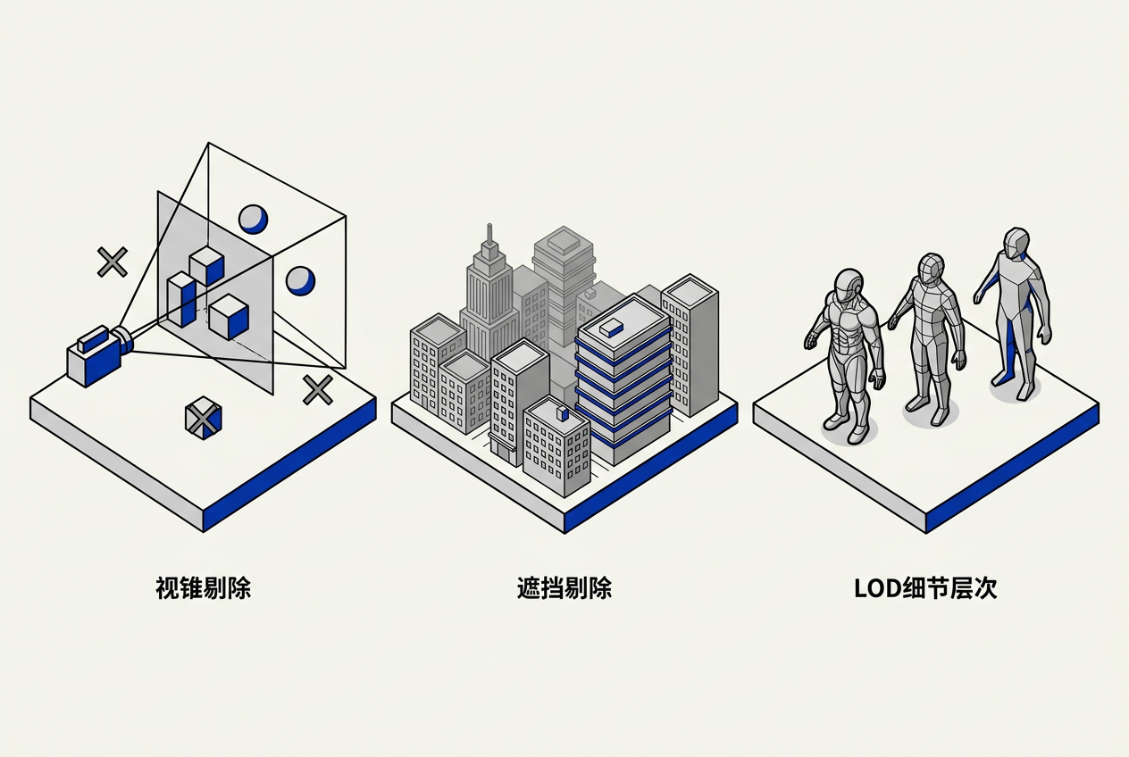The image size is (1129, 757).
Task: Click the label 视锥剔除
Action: tap(203, 588)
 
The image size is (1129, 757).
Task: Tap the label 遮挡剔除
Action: tap(564, 588)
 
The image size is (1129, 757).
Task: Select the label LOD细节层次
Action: tap(925, 588)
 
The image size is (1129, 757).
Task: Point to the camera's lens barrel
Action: tap(123, 339)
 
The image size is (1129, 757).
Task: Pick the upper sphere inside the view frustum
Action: tap(253, 219)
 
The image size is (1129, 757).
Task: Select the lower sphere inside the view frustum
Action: tap(300, 281)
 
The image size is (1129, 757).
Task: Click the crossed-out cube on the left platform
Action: tap(204, 418)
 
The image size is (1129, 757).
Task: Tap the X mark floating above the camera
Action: tap(113, 262)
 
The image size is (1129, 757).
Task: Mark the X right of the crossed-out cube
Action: tap(318, 390)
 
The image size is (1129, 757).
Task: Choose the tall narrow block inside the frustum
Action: tap(181, 300)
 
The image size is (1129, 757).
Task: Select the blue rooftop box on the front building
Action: tap(563, 413)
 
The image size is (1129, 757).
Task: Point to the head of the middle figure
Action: tap(931, 270)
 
